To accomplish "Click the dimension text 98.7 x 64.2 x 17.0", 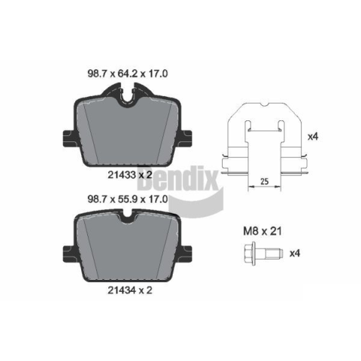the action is click(x=128, y=74).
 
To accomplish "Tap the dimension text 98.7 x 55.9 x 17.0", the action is click(x=128, y=199).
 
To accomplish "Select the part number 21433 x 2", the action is click(x=130, y=174).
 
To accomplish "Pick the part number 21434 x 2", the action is click(x=130, y=290).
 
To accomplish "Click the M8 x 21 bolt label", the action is click(x=262, y=231).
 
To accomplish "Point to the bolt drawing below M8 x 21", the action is click(x=263, y=253).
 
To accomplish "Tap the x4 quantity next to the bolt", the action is click(x=295, y=253).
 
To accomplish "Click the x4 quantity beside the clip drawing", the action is click(x=313, y=137).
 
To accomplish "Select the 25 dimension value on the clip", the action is click(x=265, y=181).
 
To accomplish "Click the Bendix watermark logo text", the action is click(x=178, y=178).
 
